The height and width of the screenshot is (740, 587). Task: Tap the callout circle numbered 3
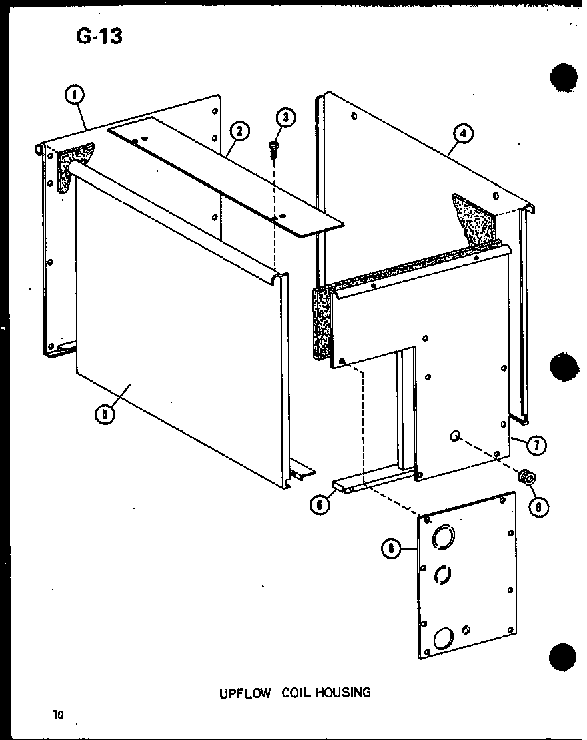click(x=285, y=119)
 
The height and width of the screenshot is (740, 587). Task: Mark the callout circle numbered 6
click(x=320, y=505)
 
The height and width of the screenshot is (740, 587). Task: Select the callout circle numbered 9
click(x=537, y=506)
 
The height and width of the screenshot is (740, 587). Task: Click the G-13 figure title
click(x=99, y=36)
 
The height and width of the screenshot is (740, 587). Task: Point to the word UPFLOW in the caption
click(x=245, y=693)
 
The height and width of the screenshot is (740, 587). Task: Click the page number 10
click(x=59, y=715)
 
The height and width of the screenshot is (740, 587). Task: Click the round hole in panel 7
click(x=455, y=436)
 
